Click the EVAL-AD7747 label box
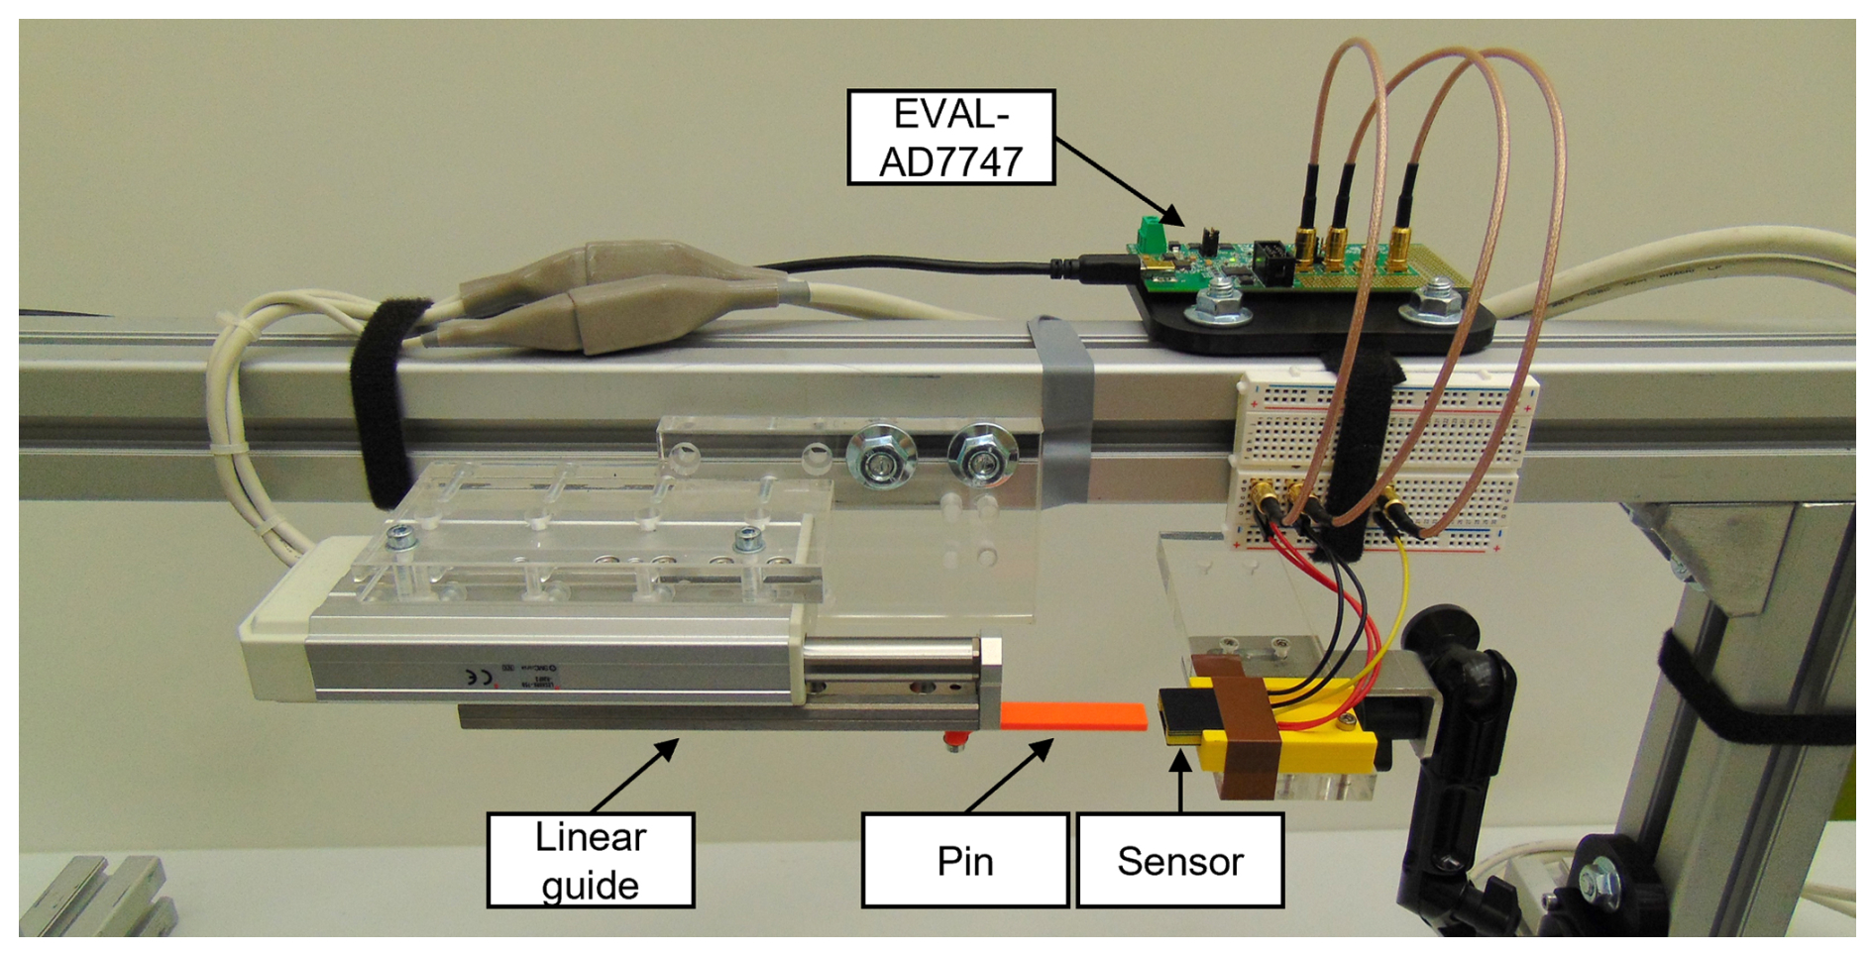click(950, 138)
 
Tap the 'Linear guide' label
click(591, 860)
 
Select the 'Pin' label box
click(964, 860)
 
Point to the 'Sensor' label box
click(1179, 860)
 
